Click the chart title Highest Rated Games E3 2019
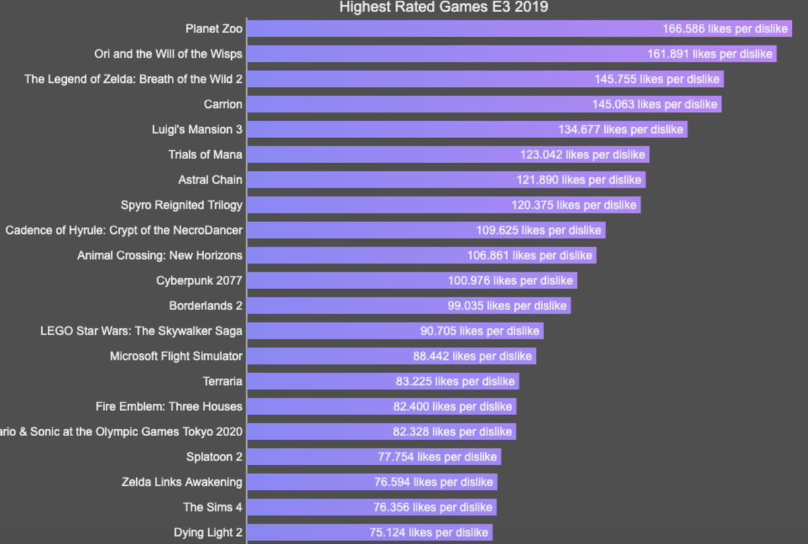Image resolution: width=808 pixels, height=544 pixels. pos(443,7)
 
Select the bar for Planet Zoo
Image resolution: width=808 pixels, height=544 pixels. pos(445,29)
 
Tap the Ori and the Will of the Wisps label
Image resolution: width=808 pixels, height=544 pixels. pos(168,54)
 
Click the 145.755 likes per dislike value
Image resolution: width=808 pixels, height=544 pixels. pos(657,80)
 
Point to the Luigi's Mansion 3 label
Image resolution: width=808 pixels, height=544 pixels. pos(197,129)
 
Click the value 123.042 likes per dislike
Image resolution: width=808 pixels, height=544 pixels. pos(582,155)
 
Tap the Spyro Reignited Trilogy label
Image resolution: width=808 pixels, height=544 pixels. pos(181,205)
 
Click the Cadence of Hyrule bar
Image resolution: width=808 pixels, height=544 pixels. pos(357,231)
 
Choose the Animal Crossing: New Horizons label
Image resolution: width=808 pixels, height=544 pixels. pos(160,255)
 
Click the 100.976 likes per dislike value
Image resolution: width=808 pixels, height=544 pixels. pos(510,281)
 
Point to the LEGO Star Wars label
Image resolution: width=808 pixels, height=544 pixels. pos(141,331)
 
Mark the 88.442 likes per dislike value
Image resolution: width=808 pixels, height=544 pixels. pos(472,357)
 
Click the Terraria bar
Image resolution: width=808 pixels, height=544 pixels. pos(317,382)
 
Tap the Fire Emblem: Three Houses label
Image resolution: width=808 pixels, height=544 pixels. pos(169,406)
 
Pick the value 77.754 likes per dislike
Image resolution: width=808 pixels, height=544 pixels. pos(437,457)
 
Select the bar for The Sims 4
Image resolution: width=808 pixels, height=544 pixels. pos(303,507)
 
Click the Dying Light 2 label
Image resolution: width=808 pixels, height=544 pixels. pos(208,533)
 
